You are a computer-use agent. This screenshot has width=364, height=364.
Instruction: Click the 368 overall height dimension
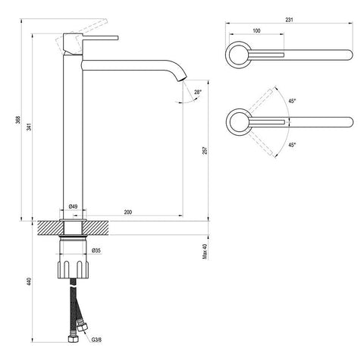18,120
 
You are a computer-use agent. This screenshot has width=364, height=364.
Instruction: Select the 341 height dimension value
30,127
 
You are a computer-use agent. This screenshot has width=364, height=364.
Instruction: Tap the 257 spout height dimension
205,151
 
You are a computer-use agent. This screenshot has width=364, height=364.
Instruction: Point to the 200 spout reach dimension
128,212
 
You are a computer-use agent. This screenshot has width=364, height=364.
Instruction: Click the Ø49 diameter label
73,206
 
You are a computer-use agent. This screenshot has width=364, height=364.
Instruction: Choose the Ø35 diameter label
96,250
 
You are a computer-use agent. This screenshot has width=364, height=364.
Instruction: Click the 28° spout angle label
198,92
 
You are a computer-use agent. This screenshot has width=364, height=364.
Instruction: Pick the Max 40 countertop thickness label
205,251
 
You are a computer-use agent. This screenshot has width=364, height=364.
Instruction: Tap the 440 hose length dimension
30,281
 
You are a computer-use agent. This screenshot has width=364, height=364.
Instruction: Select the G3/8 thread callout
96,340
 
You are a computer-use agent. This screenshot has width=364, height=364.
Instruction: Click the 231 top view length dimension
289,20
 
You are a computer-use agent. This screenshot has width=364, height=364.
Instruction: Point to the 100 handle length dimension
256,31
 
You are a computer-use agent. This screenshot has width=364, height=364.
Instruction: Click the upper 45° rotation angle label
292,101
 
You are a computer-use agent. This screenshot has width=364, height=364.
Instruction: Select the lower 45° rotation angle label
292,145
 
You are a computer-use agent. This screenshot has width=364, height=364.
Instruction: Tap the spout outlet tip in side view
183,80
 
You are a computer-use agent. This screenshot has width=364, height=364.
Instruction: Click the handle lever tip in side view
118,38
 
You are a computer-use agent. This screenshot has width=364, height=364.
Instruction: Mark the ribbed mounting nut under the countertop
73,269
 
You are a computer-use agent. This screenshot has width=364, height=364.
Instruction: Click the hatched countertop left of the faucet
50,228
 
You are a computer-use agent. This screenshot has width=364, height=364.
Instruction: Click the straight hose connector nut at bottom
74,339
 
